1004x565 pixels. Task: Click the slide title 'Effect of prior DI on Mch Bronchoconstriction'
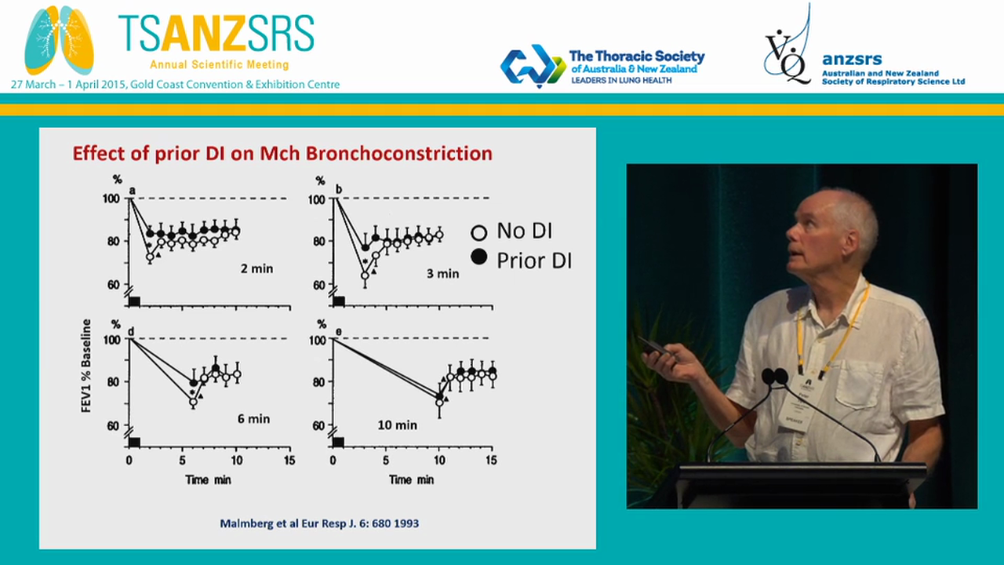click(x=282, y=153)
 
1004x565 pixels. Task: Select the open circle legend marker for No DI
click(x=478, y=232)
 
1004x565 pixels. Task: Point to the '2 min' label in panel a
click(x=256, y=268)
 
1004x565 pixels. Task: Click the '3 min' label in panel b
click(x=443, y=274)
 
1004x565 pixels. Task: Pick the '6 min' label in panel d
click(x=253, y=419)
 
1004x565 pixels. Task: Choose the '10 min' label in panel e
click(x=398, y=425)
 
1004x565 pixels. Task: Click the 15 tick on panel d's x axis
click(x=289, y=461)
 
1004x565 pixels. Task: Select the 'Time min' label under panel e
click(x=412, y=479)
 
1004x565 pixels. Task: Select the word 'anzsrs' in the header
click(x=852, y=59)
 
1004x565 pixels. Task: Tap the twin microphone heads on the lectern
click(x=774, y=377)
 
